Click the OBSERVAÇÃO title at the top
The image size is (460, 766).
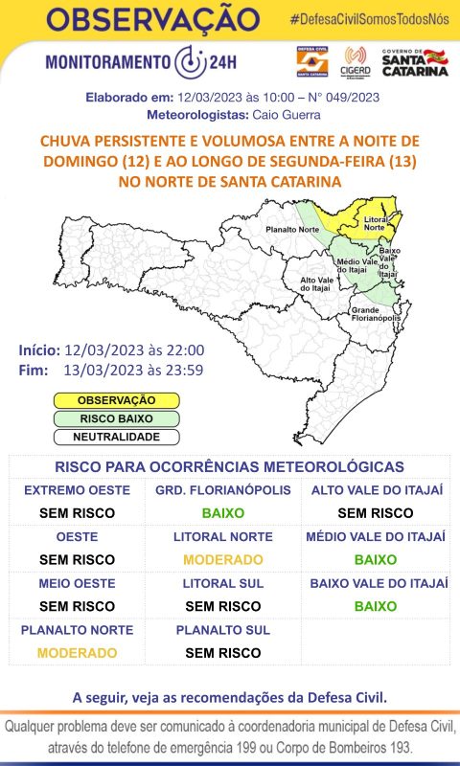point(153,20)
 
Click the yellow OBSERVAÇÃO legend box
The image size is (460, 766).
point(116,399)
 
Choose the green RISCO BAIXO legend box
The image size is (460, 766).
point(116,417)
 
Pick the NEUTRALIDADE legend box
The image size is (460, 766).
point(116,436)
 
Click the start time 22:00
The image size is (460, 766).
point(176,351)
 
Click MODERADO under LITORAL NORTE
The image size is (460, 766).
point(223,559)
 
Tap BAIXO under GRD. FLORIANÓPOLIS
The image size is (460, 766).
point(223,512)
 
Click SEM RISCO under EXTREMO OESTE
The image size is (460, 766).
point(77,512)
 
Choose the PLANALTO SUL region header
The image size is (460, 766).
point(223,630)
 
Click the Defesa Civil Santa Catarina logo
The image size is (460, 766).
point(312,61)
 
